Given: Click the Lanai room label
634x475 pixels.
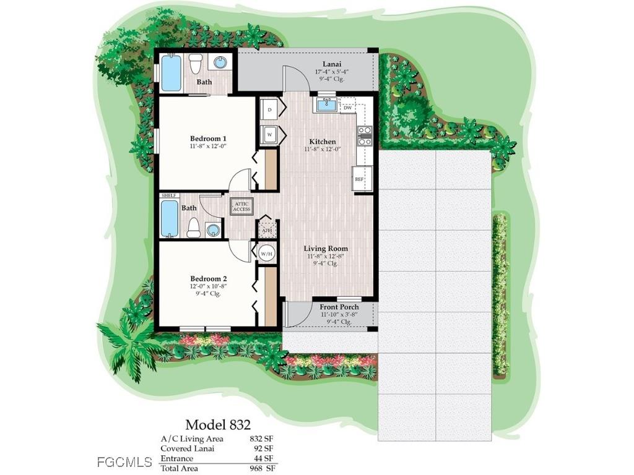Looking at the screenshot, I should (333, 64).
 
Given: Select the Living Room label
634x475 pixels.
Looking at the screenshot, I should (326, 249).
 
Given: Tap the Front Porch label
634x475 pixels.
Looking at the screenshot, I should (339, 307).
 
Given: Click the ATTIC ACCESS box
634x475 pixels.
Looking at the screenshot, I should (241, 207).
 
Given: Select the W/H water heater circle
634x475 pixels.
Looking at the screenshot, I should (266, 253).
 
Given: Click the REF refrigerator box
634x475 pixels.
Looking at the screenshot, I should (359, 179).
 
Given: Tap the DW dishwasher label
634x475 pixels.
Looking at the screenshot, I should (348, 108).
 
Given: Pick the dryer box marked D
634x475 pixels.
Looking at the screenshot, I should (270, 110).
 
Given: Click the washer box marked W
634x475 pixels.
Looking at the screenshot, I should (270, 134).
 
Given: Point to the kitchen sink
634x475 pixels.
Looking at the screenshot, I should (326, 105).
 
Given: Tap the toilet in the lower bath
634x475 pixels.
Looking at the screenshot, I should (194, 228).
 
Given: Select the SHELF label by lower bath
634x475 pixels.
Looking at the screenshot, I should (168, 195).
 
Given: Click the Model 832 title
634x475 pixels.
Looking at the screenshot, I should (218, 424).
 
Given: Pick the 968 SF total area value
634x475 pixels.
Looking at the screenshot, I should (261, 469).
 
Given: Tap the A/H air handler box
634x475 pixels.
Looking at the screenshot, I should (266, 230).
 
